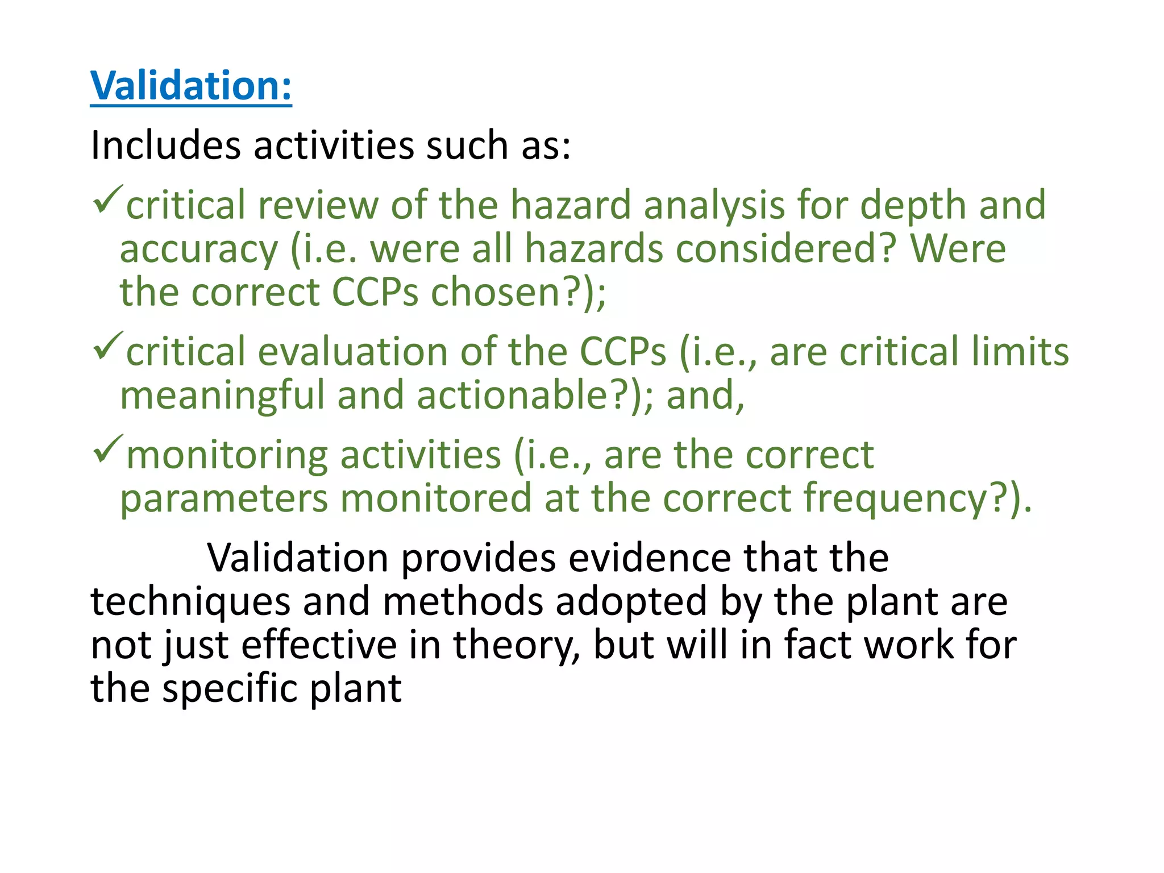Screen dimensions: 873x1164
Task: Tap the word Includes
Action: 165,145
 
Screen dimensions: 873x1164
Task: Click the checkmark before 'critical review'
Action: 107,200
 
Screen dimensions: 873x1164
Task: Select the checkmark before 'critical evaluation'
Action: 107,347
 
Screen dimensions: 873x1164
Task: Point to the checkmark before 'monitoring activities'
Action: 107,449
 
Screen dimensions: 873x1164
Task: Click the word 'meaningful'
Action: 222,396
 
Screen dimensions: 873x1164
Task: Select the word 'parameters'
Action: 224,498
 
